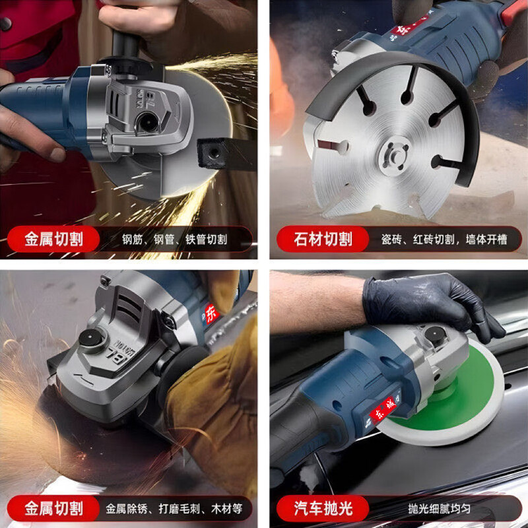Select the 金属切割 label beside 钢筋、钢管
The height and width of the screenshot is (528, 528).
click(54, 239)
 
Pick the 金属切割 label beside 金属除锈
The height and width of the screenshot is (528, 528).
click(54, 508)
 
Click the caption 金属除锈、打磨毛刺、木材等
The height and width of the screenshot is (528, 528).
click(174, 509)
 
